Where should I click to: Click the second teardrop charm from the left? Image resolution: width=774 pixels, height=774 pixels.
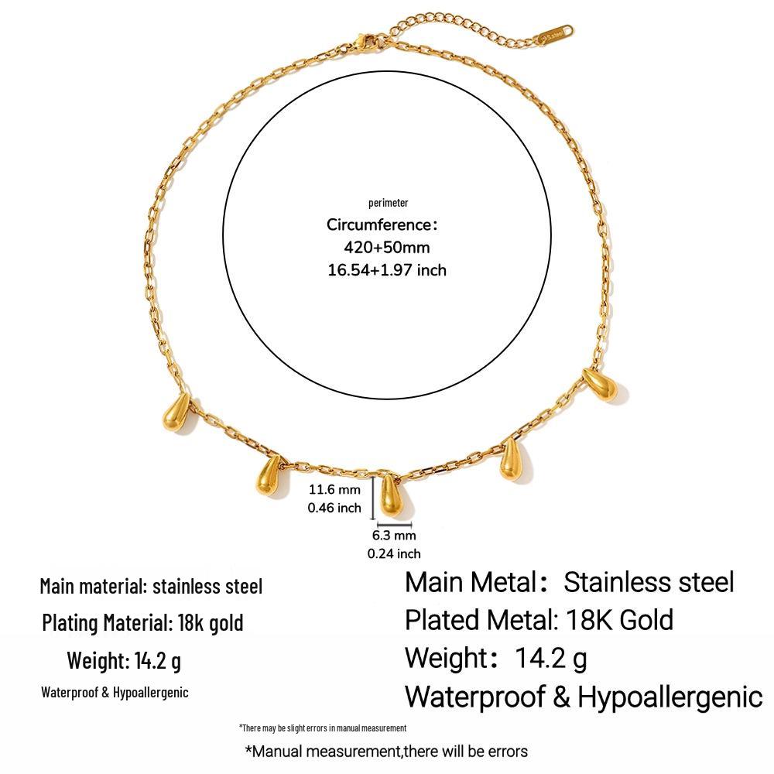pyautogui.click(x=270, y=476)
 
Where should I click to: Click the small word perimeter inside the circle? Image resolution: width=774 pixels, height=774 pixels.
pyautogui.click(x=388, y=202)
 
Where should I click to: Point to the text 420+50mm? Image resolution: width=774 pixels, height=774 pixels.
pyautogui.click(x=386, y=247)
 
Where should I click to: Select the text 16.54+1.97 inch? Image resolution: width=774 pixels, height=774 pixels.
pyautogui.click(x=387, y=270)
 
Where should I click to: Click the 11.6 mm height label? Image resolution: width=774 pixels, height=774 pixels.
pyautogui.click(x=334, y=489)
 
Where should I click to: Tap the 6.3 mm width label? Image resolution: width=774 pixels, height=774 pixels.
pyautogui.click(x=394, y=535)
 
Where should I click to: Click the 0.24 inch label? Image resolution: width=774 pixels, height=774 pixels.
pyautogui.click(x=394, y=553)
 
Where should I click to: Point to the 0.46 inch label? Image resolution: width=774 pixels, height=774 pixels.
pyautogui.click(x=334, y=508)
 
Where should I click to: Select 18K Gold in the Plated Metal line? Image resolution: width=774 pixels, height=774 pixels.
pyautogui.click(x=619, y=620)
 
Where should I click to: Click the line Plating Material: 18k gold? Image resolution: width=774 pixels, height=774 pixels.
pyautogui.click(x=142, y=622)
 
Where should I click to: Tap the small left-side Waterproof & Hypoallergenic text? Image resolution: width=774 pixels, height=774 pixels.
pyautogui.click(x=115, y=693)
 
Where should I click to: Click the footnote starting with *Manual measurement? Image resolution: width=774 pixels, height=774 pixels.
pyautogui.click(x=386, y=752)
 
